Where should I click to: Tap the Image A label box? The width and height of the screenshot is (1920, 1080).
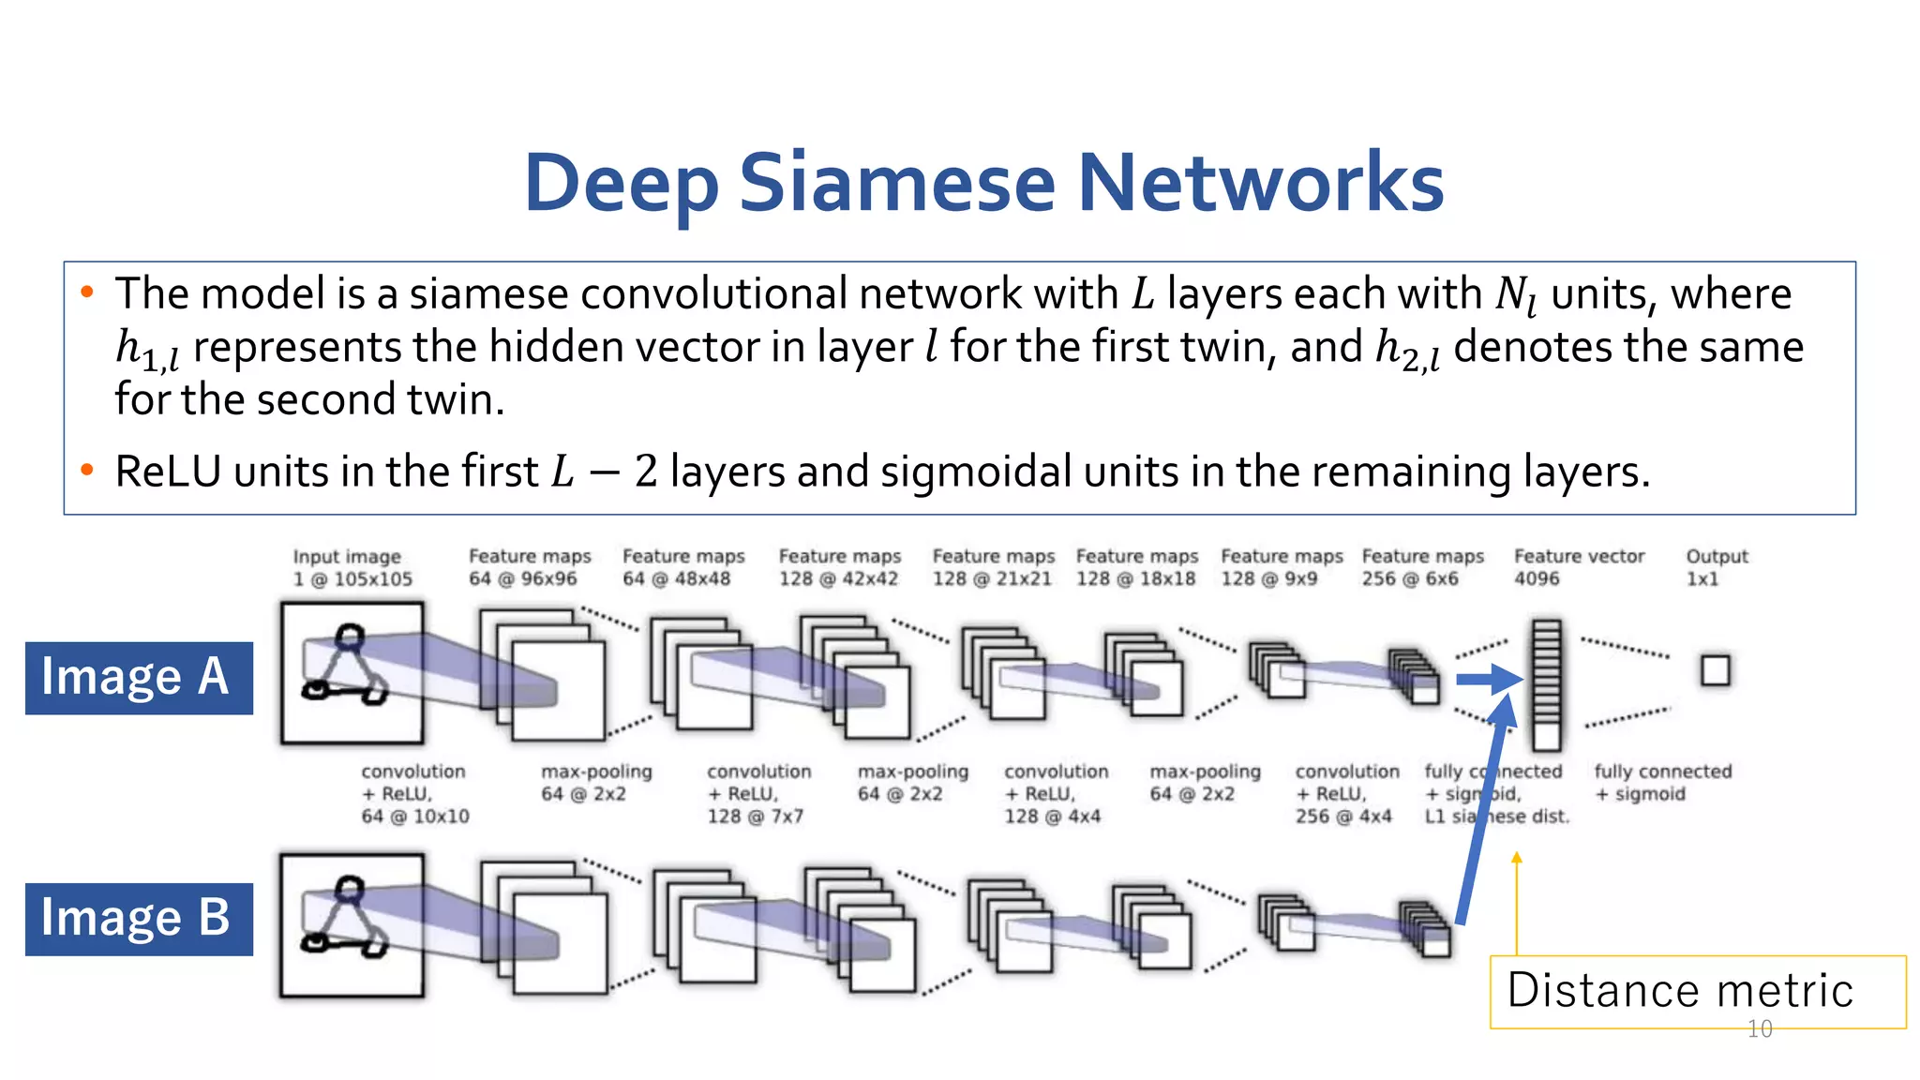click(x=139, y=678)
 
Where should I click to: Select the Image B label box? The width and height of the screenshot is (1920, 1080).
click(x=139, y=919)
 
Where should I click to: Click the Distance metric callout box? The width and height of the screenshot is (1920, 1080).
click(x=1697, y=991)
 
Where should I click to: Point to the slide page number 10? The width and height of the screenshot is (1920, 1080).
click(x=1760, y=1029)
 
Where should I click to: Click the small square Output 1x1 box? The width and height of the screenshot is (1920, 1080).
click(x=1716, y=670)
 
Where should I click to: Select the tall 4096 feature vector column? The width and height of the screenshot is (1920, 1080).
click(x=1546, y=684)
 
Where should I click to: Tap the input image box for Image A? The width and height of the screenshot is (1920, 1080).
click(x=352, y=673)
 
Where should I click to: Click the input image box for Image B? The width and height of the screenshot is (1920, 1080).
click(x=352, y=925)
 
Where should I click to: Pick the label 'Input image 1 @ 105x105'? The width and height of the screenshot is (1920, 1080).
click(x=352, y=567)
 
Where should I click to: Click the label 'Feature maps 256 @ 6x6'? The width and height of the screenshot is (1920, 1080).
click(x=1422, y=567)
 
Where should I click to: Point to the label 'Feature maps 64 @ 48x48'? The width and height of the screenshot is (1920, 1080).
click(x=683, y=567)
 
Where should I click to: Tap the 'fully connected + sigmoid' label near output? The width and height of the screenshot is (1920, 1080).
click(x=1662, y=782)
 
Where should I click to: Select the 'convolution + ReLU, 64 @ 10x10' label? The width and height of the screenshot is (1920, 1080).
click(x=414, y=793)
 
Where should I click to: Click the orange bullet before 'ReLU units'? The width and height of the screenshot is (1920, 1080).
click(x=87, y=470)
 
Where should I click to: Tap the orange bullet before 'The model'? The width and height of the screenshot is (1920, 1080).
click(x=87, y=292)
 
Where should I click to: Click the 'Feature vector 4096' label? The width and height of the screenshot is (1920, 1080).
click(x=1579, y=567)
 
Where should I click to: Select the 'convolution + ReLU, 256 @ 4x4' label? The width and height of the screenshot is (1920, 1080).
click(x=1346, y=793)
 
